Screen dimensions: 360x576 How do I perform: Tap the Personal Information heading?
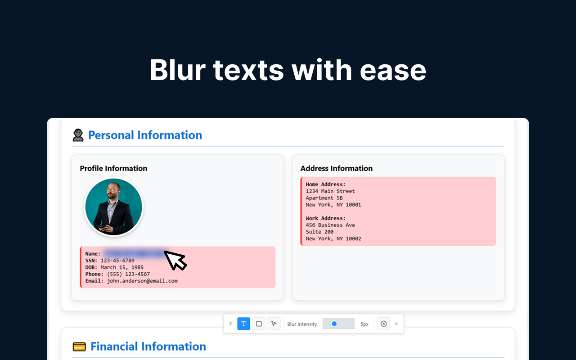[145, 135]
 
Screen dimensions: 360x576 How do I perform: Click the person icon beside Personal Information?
[78, 135]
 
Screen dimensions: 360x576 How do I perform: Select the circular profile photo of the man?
[114, 207]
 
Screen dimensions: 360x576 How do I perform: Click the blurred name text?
[135, 254]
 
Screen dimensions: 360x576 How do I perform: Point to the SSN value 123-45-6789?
[117, 261]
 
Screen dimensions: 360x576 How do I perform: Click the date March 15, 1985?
[122, 267]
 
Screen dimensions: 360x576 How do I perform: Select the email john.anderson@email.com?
[142, 281]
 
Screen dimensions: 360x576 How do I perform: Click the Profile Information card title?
[113, 168]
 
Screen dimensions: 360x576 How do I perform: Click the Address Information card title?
[336, 168]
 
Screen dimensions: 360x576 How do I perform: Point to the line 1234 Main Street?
[330, 191]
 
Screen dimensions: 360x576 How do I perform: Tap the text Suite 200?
[319, 232]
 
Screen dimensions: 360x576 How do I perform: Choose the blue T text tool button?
[243, 324]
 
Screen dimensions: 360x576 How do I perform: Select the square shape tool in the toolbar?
[259, 324]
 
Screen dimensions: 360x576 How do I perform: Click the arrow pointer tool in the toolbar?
[274, 324]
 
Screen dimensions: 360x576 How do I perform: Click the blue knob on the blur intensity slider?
[334, 324]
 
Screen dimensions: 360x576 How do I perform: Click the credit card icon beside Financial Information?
[79, 346]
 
